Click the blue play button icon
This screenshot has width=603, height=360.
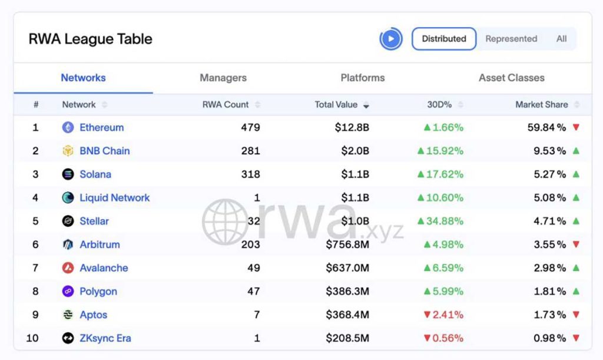[391, 39]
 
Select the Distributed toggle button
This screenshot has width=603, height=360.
[444, 39]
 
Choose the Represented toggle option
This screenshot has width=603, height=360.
[511, 39]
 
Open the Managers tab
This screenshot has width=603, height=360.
[223, 78]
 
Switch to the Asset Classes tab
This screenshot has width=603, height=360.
[512, 78]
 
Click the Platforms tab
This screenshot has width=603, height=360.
[363, 78]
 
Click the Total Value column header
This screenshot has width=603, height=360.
[336, 105]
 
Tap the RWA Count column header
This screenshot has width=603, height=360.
[226, 105]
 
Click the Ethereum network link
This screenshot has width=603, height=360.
[101, 127]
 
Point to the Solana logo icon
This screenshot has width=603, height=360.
[68, 174]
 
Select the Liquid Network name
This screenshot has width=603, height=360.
[115, 198]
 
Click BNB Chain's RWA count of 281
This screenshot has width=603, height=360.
[251, 151]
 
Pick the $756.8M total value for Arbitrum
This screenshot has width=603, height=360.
[347, 245]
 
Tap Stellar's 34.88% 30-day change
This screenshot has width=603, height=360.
[440, 221]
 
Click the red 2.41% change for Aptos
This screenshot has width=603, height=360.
[443, 315]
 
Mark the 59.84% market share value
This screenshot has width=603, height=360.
[546, 127]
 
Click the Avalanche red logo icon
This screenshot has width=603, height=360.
[68, 267]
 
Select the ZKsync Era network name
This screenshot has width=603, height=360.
[105, 338]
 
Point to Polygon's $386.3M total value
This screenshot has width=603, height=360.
[347, 291]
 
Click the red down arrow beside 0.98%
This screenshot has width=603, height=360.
[576, 338]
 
